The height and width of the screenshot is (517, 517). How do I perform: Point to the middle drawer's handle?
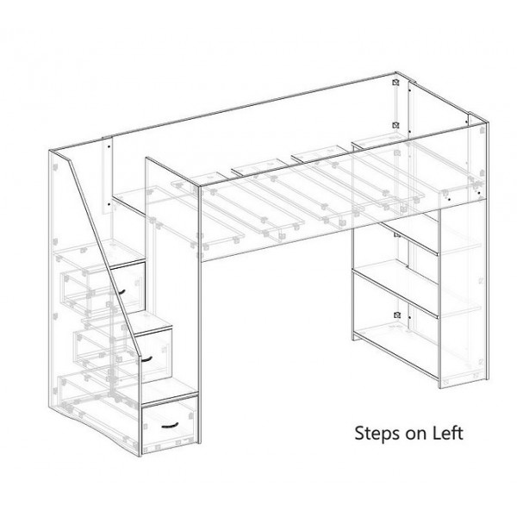pyautogui.click(x=148, y=357)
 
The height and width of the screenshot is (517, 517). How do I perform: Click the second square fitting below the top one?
pyautogui.click(x=394, y=127)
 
